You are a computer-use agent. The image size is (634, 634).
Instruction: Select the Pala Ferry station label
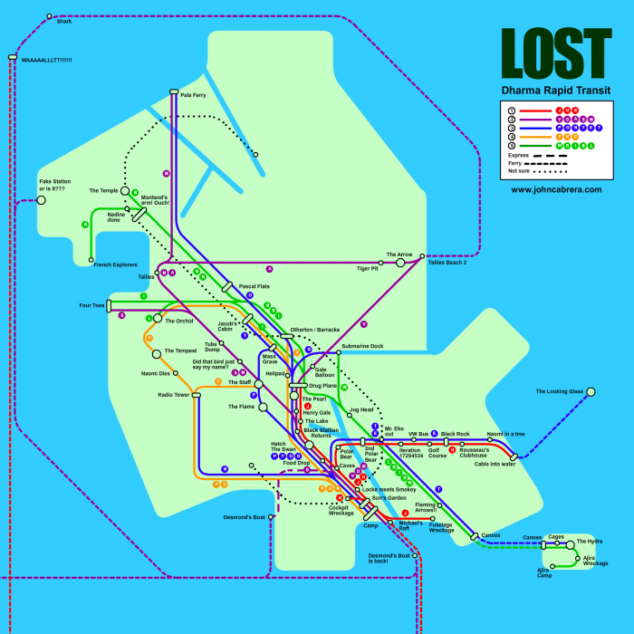[x=193, y=94]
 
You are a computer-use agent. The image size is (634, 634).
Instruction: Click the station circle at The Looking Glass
[x=591, y=391]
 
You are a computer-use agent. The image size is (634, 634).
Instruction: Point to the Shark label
[x=63, y=22]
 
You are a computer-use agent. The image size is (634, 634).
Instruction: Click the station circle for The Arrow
[x=400, y=263]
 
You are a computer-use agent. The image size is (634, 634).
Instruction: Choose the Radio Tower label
[x=174, y=395]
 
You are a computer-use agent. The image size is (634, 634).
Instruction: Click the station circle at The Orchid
[x=157, y=321]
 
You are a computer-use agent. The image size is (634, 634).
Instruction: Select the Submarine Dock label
[x=362, y=346]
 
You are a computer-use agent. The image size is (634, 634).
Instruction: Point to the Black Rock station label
[x=456, y=434]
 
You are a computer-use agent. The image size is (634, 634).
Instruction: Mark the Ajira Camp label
[x=543, y=572]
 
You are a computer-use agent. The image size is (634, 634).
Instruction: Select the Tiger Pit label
[x=367, y=269]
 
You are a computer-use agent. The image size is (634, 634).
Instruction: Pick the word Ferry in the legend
[x=516, y=163]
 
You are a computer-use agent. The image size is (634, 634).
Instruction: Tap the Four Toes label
[x=92, y=305]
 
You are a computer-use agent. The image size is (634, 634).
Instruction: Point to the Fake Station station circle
[x=41, y=199]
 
